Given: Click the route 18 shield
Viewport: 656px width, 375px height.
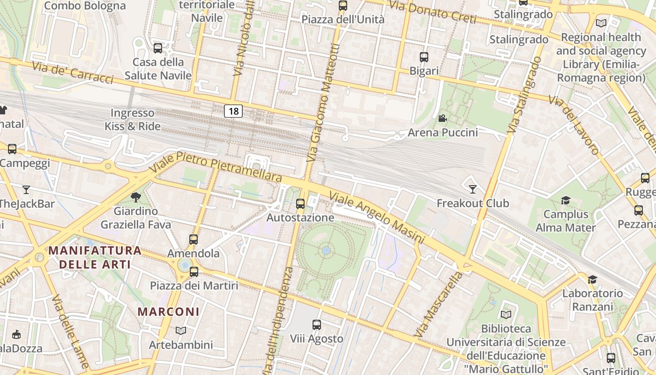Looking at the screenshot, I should (233, 111).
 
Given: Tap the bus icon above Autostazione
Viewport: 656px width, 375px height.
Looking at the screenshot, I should (300, 204).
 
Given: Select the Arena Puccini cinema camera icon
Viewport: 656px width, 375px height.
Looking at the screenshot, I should (442, 118).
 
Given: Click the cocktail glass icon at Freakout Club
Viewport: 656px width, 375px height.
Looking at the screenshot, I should (472, 189).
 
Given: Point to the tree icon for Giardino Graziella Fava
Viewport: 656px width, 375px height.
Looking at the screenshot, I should (136, 197).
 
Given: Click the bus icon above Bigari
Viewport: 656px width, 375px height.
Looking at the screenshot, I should (424, 57).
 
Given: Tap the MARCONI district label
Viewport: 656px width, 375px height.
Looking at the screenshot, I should (169, 312).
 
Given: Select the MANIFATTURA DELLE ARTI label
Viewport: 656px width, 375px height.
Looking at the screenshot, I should (95, 257).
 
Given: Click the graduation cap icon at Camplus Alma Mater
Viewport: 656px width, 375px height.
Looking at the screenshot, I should (566, 201).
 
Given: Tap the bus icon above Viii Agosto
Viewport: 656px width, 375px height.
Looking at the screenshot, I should (317, 324).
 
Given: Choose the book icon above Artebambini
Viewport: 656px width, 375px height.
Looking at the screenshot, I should (181, 331).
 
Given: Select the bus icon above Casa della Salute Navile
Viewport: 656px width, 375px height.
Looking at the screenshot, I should (158, 48).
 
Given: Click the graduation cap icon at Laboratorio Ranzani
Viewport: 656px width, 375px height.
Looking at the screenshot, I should (593, 280).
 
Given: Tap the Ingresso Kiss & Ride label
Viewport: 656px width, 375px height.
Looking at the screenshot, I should (133, 120).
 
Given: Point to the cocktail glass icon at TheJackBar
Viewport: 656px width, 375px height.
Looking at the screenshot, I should (26, 190).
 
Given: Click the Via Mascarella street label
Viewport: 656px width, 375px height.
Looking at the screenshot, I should (439, 305).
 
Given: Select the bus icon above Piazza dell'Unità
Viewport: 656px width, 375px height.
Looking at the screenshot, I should (343, 6).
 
